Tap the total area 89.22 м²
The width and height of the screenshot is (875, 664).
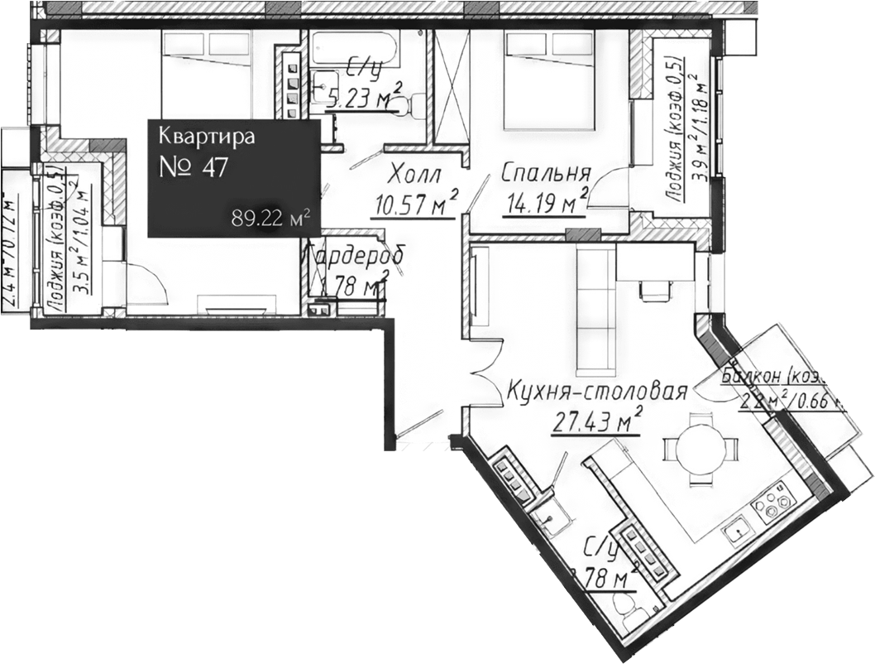pos(272,219)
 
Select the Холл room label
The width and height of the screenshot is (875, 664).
pos(414,176)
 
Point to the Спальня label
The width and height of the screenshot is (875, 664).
pos(546,173)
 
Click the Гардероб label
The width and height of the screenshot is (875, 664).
pos(356,257)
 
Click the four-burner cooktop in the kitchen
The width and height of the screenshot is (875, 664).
pos(776,502)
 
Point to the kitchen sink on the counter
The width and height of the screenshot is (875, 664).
pos(734,530)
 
